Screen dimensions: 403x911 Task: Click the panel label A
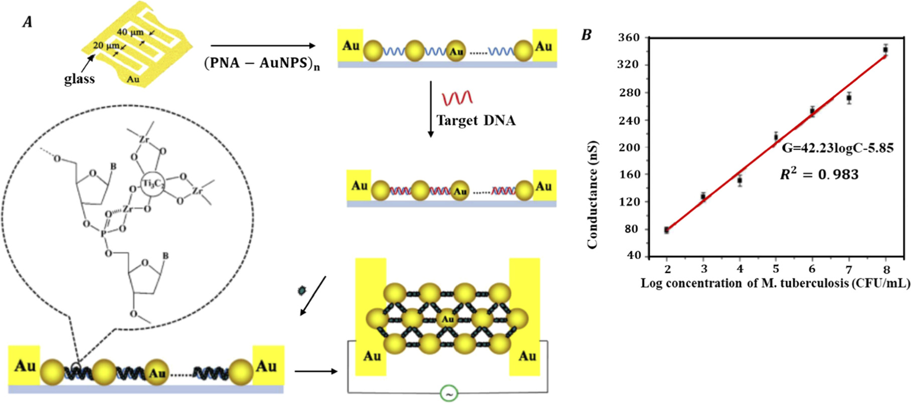(28, 23)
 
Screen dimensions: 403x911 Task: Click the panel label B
(586, 35)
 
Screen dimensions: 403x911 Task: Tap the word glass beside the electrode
(79, 79)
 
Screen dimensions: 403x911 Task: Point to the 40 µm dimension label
(130, 32)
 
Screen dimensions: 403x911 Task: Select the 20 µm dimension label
(106, 46)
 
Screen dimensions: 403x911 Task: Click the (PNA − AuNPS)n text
(262, 64)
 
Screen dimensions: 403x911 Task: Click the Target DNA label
(476, 120)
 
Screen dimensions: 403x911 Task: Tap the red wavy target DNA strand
(457, 97)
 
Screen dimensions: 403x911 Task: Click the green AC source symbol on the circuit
(448, 393)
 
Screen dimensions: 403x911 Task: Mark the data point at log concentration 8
(885, 50)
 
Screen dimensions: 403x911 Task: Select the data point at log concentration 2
(667, 230)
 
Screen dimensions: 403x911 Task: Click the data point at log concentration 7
(849, 98)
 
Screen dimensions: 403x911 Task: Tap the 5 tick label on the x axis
(776, 269)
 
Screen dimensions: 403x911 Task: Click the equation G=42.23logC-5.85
(837, 148)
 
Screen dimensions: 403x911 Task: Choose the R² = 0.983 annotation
(819, 174)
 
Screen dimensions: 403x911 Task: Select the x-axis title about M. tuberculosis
(775, 283)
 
